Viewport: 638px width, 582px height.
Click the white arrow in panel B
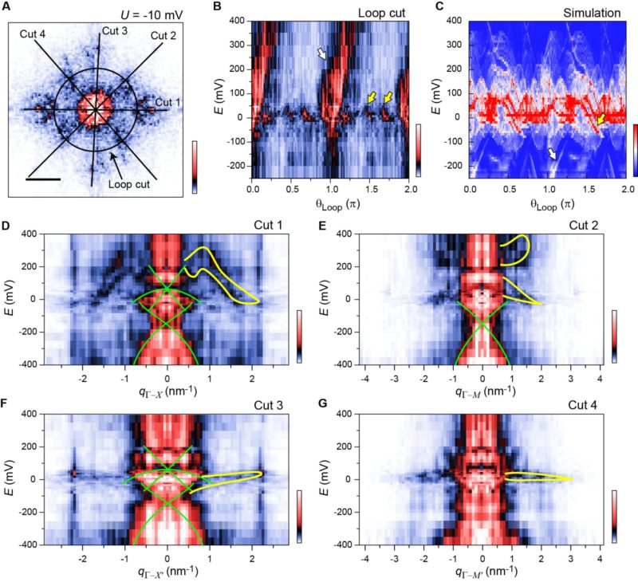tap(322, 53)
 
